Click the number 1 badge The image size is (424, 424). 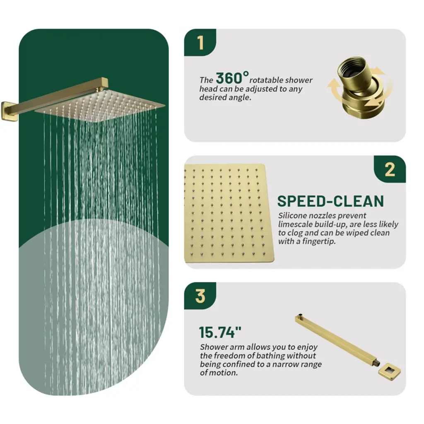pyautogui.click(x=200, y=43)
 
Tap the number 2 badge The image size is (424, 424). pyautogui.click(x=390, y=169)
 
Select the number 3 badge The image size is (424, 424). pyautogui.click(x=200, y=296)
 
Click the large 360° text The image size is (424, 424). pyautogui.click(x=232, y=77)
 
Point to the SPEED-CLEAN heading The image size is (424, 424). pyautogui.click(x=330, y=201)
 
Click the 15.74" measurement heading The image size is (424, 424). pyautogui.click(x=220, y=332)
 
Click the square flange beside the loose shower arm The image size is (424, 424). pyautogui.click(x=389, y=371)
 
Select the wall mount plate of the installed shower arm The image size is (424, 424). pyautogui.click(x=6, y=111)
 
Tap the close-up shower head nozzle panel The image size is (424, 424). pyautogui.click(x=229, y=213)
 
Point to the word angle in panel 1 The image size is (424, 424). pyautogui.click(x=240, y=98)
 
